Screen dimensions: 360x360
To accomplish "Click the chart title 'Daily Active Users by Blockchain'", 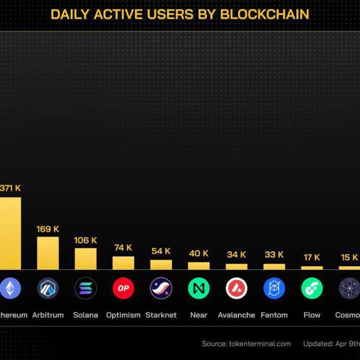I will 180,14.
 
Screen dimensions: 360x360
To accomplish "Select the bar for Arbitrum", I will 48,253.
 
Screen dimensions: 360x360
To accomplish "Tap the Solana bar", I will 85,259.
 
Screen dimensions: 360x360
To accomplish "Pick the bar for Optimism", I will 123,263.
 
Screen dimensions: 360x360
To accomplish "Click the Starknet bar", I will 161,264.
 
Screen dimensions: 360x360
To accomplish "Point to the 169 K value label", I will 48,229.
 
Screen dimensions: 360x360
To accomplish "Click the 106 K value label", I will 85,240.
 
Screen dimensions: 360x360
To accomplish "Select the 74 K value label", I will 123,247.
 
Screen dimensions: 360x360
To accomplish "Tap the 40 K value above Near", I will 199,254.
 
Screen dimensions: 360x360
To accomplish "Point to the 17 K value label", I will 312,258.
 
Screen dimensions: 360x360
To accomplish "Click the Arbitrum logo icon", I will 48,289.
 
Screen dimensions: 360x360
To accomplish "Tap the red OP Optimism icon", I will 123,289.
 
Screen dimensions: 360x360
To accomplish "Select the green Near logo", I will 199,289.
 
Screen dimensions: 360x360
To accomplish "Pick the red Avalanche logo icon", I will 236,289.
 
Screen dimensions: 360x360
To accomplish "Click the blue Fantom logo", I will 274,289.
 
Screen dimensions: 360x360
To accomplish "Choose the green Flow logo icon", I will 312,289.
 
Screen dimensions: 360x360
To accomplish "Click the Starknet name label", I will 161,315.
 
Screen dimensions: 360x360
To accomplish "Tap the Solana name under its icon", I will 85,315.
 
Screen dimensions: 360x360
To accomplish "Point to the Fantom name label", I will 274,315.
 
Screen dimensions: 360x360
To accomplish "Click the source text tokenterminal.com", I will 246,344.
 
